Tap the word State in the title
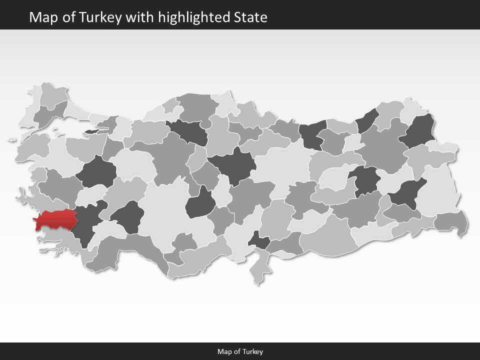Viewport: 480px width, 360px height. [250, 17]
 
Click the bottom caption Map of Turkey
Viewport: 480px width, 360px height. [240, 351]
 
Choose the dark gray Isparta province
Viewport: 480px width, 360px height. [128, 217]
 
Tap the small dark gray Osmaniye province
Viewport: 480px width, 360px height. [259, 241]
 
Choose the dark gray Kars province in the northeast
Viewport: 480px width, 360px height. [420, 131]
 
